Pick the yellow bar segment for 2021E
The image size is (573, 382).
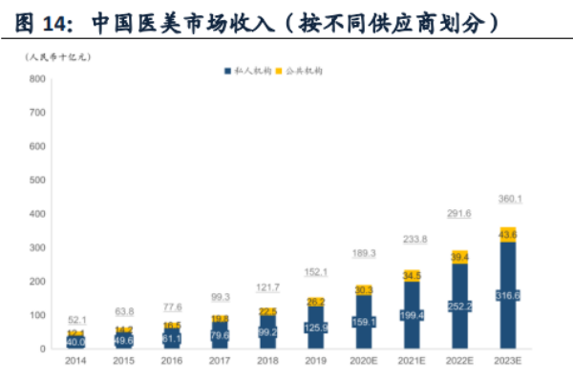tap(413, 275)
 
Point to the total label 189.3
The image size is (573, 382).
tap(364, 253)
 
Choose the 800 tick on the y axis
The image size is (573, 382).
tap(36, 78)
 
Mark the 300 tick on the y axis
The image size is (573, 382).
tap(36, 247)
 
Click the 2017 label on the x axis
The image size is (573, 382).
tap(220, 361)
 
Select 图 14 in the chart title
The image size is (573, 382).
tap(34, 19)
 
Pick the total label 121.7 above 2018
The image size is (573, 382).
tap(267, 286)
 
